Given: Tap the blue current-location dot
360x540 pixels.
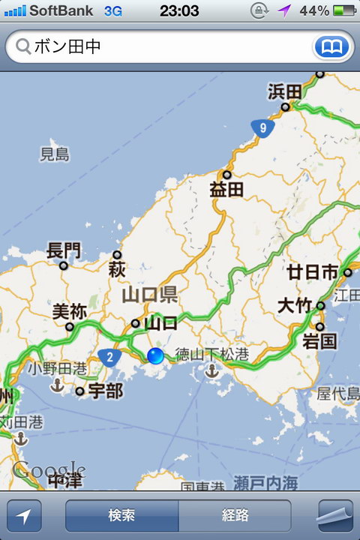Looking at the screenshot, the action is click(155, 356).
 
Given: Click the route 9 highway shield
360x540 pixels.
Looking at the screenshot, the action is click(262, 127).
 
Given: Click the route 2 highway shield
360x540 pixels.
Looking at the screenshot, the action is click(109, 357).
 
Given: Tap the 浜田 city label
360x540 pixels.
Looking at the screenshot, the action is click(284, 91).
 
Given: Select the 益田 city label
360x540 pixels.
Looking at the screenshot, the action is click(226, 189).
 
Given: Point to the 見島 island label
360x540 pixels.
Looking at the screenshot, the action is click(55, 154).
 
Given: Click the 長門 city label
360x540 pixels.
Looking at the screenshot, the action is click(64, 250).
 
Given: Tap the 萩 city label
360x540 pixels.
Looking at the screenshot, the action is click(117, 268).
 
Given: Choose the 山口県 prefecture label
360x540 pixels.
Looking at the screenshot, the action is click(150, 294).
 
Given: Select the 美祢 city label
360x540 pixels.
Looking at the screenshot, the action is click(70, 310).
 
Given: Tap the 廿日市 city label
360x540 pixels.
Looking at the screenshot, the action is click(313, 271).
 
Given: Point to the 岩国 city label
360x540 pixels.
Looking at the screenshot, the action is click(319, 343).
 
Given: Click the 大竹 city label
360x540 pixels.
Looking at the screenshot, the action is click(295, 306).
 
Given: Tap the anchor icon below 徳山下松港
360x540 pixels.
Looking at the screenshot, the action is click(211, 370).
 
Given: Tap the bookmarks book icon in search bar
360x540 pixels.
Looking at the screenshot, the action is click(332, 47).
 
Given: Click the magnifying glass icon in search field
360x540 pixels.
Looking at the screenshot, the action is click(22, 47).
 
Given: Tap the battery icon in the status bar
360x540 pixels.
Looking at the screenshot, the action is click(344, 10).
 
